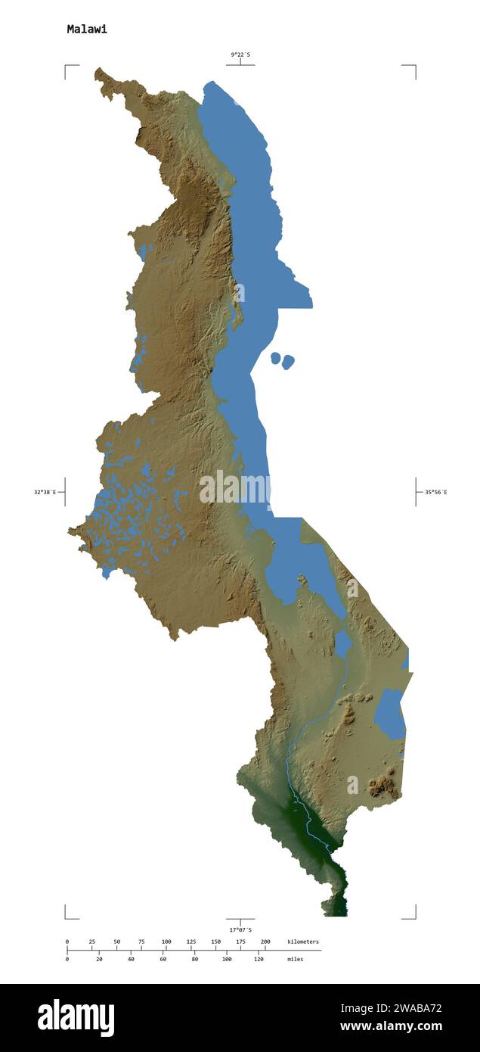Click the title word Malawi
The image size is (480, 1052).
pyautogui.click(x=87, y=30)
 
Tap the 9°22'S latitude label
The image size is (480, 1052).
pyautogui.click(x=240, y=54)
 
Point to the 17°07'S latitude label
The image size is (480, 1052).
pyautogui.click(x=240, y=929)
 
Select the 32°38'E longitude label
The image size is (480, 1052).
pyautogui.click(x=45, y=492)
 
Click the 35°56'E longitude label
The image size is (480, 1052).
pyautogui.click(x=435, y=492)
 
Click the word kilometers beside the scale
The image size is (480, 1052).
pyautogui.click(x=302, y=942)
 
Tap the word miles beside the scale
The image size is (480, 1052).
pyautogui.click(x=295, y=959)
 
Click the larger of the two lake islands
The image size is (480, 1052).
pyautogui.click(x=288, y=363)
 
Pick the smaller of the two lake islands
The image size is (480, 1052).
pyautogui.click(x=276, y=357)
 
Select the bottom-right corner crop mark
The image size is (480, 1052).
pyautogui.click(x=413, y=917)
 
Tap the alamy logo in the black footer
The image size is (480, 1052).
pyautogui.click(x=76, y=1018)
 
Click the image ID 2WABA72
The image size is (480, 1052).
pyautogui.click(x=412, y=1007)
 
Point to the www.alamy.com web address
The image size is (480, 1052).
pyautogui.click(x=391, y=1026)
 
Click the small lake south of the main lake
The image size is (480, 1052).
pyautogui.click(x=343, y=644)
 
